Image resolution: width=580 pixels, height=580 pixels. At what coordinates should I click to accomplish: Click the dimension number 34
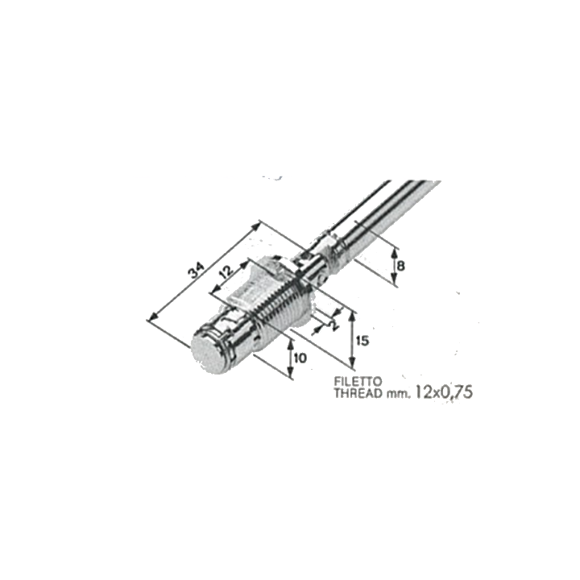pyautogui.click(x=196, y=271)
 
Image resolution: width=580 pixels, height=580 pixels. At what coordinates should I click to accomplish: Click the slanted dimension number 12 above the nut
pyautogui.click(x=226, y=272)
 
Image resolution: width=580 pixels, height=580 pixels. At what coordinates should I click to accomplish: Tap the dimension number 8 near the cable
pyautogui.click(x=400, y=266)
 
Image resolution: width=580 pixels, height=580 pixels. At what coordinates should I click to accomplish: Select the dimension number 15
pyautogui.click(x=363, y=341)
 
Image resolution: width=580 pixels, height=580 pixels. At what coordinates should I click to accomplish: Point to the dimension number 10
pyautogui.click(x=300, y=358)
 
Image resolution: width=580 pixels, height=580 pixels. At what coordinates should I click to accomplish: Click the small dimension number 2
pyautogui.click(x=334, y=325)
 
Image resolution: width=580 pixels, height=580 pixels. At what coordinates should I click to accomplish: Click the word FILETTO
pyautogui.click(x=358, y=380)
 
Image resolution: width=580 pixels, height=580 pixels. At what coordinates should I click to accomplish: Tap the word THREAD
pyautogui.click(x=358, y=393)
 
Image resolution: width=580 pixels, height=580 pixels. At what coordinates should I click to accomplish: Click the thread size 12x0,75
pyautogui.click(x=444, y=392)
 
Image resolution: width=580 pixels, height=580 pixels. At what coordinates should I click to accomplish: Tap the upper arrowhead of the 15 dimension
pyautogui.click(x=353, y=317)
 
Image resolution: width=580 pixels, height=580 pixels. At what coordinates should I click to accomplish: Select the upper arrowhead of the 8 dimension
pyautogui.click(x=394, y=254)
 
